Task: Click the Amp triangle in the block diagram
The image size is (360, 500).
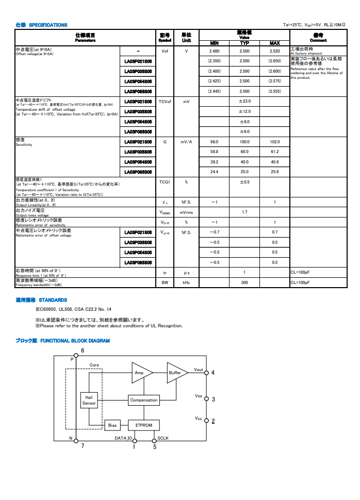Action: tap(140, 373)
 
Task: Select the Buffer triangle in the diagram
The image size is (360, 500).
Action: tap(176, 373)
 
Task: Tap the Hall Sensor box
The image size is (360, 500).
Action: tap(89, 401)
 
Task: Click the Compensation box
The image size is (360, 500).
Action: tap(144, 400)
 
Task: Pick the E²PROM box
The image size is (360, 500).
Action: tap(144, 425)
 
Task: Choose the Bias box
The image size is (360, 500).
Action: tap(112, 426)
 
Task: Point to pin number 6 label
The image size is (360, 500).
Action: tap(83, 351)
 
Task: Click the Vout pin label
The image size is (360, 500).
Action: tap(199, 370)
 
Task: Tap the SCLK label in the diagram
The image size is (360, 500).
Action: tap(163, 439)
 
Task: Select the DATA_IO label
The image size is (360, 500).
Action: tap(123, 439)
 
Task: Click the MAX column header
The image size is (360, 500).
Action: tap(275, 43)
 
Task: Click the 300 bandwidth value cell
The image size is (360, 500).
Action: tap(244, 282)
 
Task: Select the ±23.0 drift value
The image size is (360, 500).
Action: tap(244, 102)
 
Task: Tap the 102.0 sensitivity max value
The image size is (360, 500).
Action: tap(275, 142)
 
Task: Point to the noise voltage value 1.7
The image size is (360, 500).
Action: tap(244, 212)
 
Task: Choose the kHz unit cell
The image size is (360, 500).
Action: tap(186, 282)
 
